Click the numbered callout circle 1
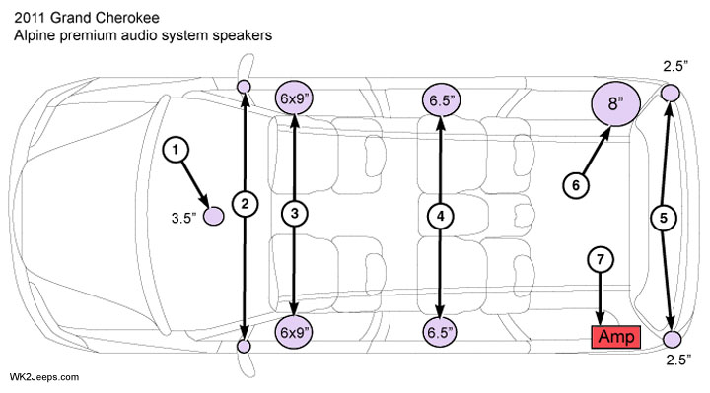(176, 150)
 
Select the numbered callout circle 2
(245, 204)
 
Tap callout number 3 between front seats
(294, 213)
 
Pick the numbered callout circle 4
(440, 216)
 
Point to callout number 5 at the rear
(664, 218)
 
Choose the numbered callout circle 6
(576, 185)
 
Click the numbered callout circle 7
(601, 260)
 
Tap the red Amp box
(616, 337)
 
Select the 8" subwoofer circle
(615, 103)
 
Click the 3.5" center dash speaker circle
(213, 216)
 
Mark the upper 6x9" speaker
(295, 98)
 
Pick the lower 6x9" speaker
(295, 332)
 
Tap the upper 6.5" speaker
(441, 100)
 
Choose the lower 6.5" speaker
(440, 332)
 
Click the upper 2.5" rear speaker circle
(671, 94)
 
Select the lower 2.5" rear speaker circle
(672, 339)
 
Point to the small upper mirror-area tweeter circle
(245, 86)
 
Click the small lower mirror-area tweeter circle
(245, 347)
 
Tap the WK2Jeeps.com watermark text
(44, 377)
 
